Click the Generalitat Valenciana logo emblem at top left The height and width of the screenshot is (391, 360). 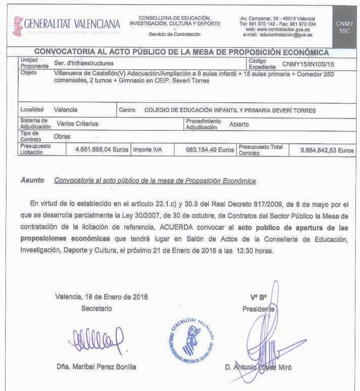coord(17,25)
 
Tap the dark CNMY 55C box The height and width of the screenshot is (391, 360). coord(345,27)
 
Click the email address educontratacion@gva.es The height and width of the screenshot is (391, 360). coord(285,35)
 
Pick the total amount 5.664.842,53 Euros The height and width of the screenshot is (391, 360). coord(327,150)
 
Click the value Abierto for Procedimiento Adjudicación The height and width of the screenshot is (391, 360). coord(239,124)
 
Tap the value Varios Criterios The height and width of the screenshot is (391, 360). coord(77,123)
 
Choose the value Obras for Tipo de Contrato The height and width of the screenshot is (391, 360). coord(62,137)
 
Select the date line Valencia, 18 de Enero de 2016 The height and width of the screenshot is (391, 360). coord(102,297)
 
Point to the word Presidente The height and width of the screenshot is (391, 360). coord(258,309)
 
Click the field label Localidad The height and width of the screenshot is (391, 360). coord(32,109)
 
